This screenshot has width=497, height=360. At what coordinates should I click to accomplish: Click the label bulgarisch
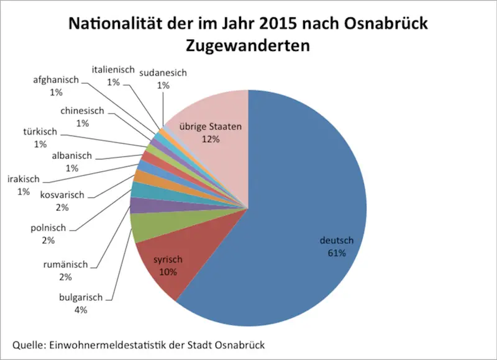[81, 298]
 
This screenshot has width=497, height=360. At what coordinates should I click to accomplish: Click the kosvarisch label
[63, 195]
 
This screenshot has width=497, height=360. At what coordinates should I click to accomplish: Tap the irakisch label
[24, 179]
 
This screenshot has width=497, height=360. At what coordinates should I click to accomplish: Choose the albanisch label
[71, 155]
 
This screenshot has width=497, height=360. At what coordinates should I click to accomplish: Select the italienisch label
[112, 70]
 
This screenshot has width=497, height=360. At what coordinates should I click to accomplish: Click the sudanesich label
[163, 73]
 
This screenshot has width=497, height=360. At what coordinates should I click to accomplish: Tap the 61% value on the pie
[336, 253]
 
